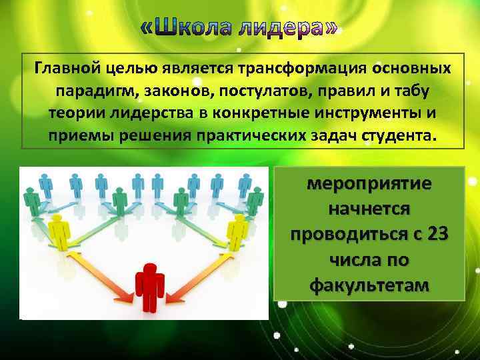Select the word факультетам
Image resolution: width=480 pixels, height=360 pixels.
(x=369, y=285)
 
